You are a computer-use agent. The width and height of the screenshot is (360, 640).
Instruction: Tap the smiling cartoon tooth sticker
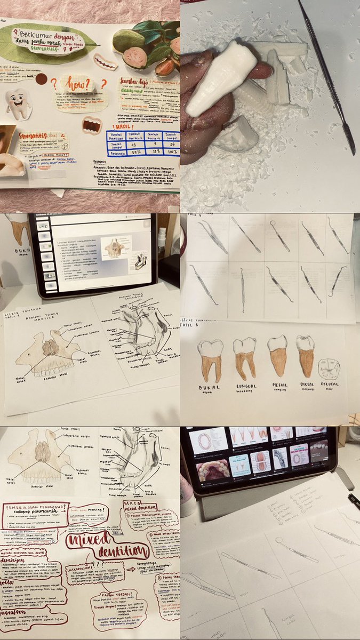18,103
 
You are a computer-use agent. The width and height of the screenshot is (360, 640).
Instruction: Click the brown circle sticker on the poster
41,79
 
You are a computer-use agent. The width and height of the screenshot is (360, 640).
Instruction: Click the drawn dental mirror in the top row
280,235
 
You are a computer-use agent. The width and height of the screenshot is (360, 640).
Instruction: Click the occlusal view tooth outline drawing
329,369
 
